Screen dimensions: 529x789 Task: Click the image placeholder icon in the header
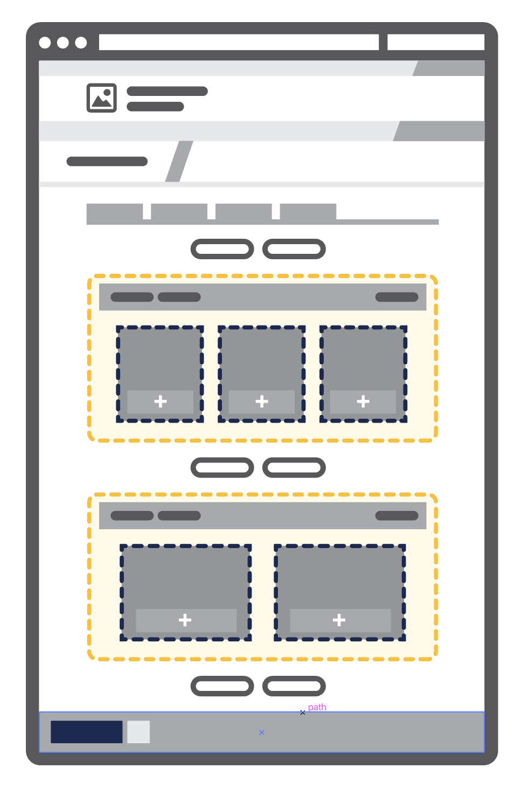102,98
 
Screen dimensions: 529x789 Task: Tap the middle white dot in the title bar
63,43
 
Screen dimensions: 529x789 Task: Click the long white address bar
239,42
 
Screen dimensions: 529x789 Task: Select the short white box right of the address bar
436,42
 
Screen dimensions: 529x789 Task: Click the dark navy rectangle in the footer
87,731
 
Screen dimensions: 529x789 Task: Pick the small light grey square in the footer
138,731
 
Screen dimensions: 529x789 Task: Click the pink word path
317,707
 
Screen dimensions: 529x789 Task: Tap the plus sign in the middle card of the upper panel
262,401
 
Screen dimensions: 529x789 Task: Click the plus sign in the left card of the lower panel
185,620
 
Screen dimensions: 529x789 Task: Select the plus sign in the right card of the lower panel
339,620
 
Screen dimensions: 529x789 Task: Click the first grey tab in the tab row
115,211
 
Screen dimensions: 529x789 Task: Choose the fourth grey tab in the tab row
308,211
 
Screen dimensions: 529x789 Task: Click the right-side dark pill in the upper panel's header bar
396,297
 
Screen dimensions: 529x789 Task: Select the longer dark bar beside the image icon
167,91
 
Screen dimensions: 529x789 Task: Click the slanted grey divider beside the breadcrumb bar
179,161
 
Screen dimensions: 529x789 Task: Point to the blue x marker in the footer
261,732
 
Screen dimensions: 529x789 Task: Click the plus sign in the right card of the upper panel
363,401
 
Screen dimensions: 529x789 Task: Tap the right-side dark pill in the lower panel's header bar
396,516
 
